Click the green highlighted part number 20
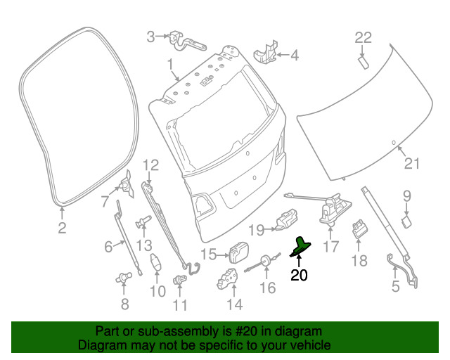(x=300, y=247)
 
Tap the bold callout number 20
(x=299, y=275)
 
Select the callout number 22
(x=363, y=37)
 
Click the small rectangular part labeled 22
(x=364, y=63)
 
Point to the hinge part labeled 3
(x=186, y=42)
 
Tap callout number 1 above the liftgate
(x=170, y=65)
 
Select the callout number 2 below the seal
(x=62, y=228)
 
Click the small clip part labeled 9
(x=406, y=222)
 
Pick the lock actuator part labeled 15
(x=239, y=252)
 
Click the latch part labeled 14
(x=227, y=278)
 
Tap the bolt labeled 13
(x=143, y=221)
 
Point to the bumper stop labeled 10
(x=156, y=262)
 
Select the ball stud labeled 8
(x=124, y=277)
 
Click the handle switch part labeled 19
(x=286, y=220)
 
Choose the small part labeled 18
(x=360, y=229)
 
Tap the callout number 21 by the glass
(x=412, y=164)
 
